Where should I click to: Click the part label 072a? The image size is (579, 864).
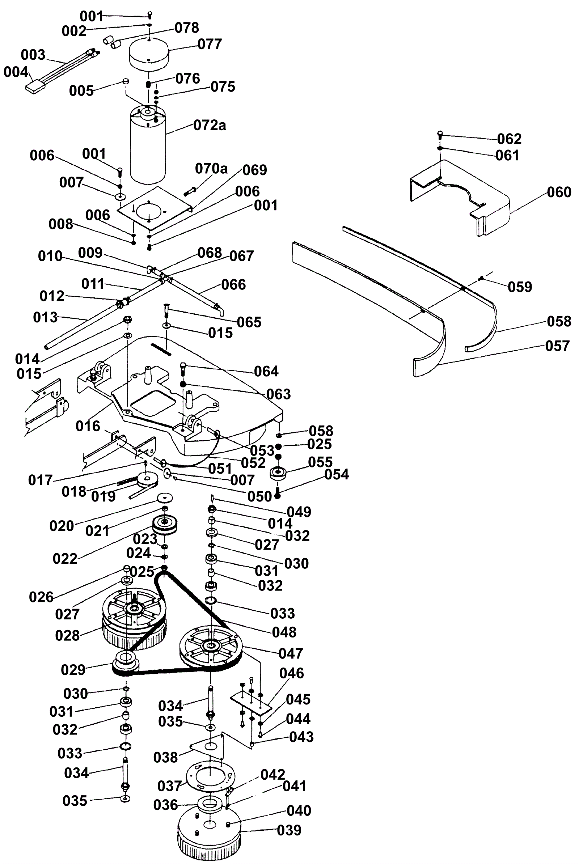[x=210, y=126]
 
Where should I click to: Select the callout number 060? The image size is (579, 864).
[x=559, y=192]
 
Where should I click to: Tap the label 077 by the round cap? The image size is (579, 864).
[x=210, y=44]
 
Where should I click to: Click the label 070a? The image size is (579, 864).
[x=211, y=169]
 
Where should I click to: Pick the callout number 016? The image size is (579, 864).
[x=88, y=426]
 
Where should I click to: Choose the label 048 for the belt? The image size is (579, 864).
[x=284, y=632]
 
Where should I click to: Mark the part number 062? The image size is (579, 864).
[x=509, y=139]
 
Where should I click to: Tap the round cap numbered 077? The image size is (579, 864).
[x=148, y=54]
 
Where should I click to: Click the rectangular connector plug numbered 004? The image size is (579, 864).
[x=35, y=87]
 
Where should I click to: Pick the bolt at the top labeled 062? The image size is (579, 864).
[x=440, y=134]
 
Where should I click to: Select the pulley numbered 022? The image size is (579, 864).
[x=165, y=524]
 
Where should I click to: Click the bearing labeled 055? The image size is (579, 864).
[x=278, y=473]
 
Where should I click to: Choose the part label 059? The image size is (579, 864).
[x=520, y=287]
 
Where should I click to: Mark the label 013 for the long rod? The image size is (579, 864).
[x=45, y=317]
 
